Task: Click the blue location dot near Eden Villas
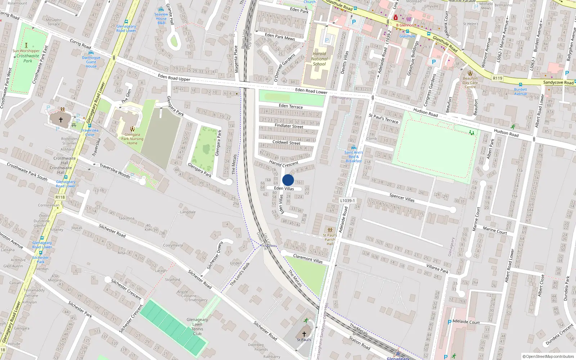(x=288, y=180)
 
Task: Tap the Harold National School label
(x=319, y=59)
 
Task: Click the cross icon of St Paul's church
(x=304, y=334)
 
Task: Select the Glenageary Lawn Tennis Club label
(x=197, y=327)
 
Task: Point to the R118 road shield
(x=60, y=197)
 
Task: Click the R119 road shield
(x=498, y=78)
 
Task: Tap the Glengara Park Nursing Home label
(x=132, y=139)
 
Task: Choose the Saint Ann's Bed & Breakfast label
(x=354, y=157)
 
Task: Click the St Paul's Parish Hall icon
(x=330, y=230)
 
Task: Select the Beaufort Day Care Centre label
(x=470, y=82)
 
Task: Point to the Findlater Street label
(x=289, y=126)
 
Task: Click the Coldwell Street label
(x=286, y=143)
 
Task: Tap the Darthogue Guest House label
(x=91, y=62)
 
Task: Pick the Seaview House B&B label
(x=161, y=18)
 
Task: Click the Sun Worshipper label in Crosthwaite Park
(x=26, y=51)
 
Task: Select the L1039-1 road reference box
(x=347, y=201)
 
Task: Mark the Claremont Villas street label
(x=308, y=258)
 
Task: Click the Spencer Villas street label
(x=402, y=198)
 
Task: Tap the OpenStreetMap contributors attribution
(x=548, y=357)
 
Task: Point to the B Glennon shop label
(x=405, y=25)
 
